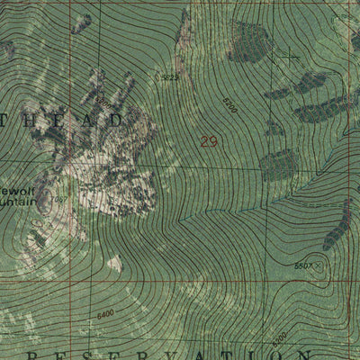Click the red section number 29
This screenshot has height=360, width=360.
point(209,140)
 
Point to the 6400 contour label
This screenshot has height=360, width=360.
point(105,313)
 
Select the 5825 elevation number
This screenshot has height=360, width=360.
point(168,79)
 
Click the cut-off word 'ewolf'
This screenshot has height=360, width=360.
point(16,191)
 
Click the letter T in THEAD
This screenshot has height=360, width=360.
point(9,119)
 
